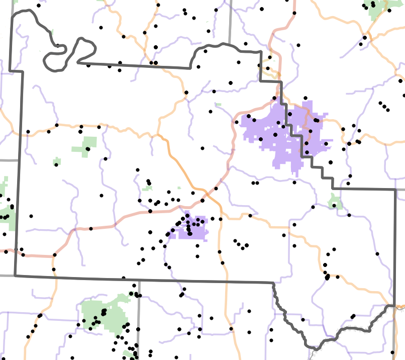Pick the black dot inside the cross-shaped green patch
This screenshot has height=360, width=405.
point(88,149)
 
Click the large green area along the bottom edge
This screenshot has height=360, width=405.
point(103,314)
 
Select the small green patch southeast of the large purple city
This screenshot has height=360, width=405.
point(335,202)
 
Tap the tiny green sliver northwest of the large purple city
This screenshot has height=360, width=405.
point(218,105)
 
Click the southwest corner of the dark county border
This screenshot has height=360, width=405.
point(15,276)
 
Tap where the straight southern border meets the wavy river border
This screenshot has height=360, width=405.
point(273,283)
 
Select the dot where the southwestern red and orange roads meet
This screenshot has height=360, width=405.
point(54,254)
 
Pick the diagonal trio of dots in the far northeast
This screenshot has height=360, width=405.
point(384,106)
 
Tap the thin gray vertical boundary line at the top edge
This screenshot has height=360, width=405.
point(230,20)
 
